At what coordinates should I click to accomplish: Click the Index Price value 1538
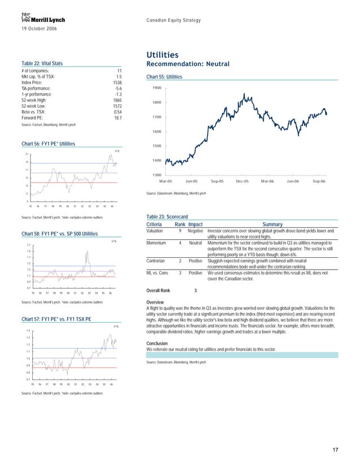pyautogui.click(x=117, y=82)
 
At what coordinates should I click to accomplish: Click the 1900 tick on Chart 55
pyautogui.click(x=157, y=89)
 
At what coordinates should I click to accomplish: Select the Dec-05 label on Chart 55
pyautogui.click(x=243, y=181)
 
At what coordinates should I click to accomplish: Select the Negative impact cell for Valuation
pyautogui.click(x=195, y=231)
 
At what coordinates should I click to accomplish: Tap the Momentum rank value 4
pyautogui.click(x=179, y=243)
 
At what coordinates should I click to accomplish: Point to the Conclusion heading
pyautogui.click(x=158, y=343)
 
